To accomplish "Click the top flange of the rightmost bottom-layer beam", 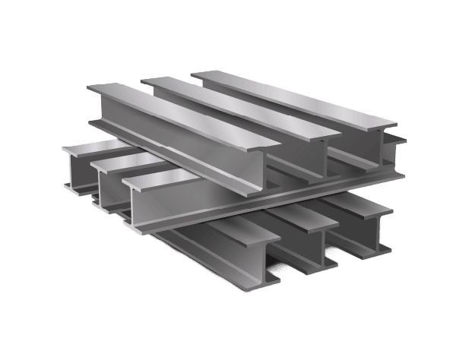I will [357, 205].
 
